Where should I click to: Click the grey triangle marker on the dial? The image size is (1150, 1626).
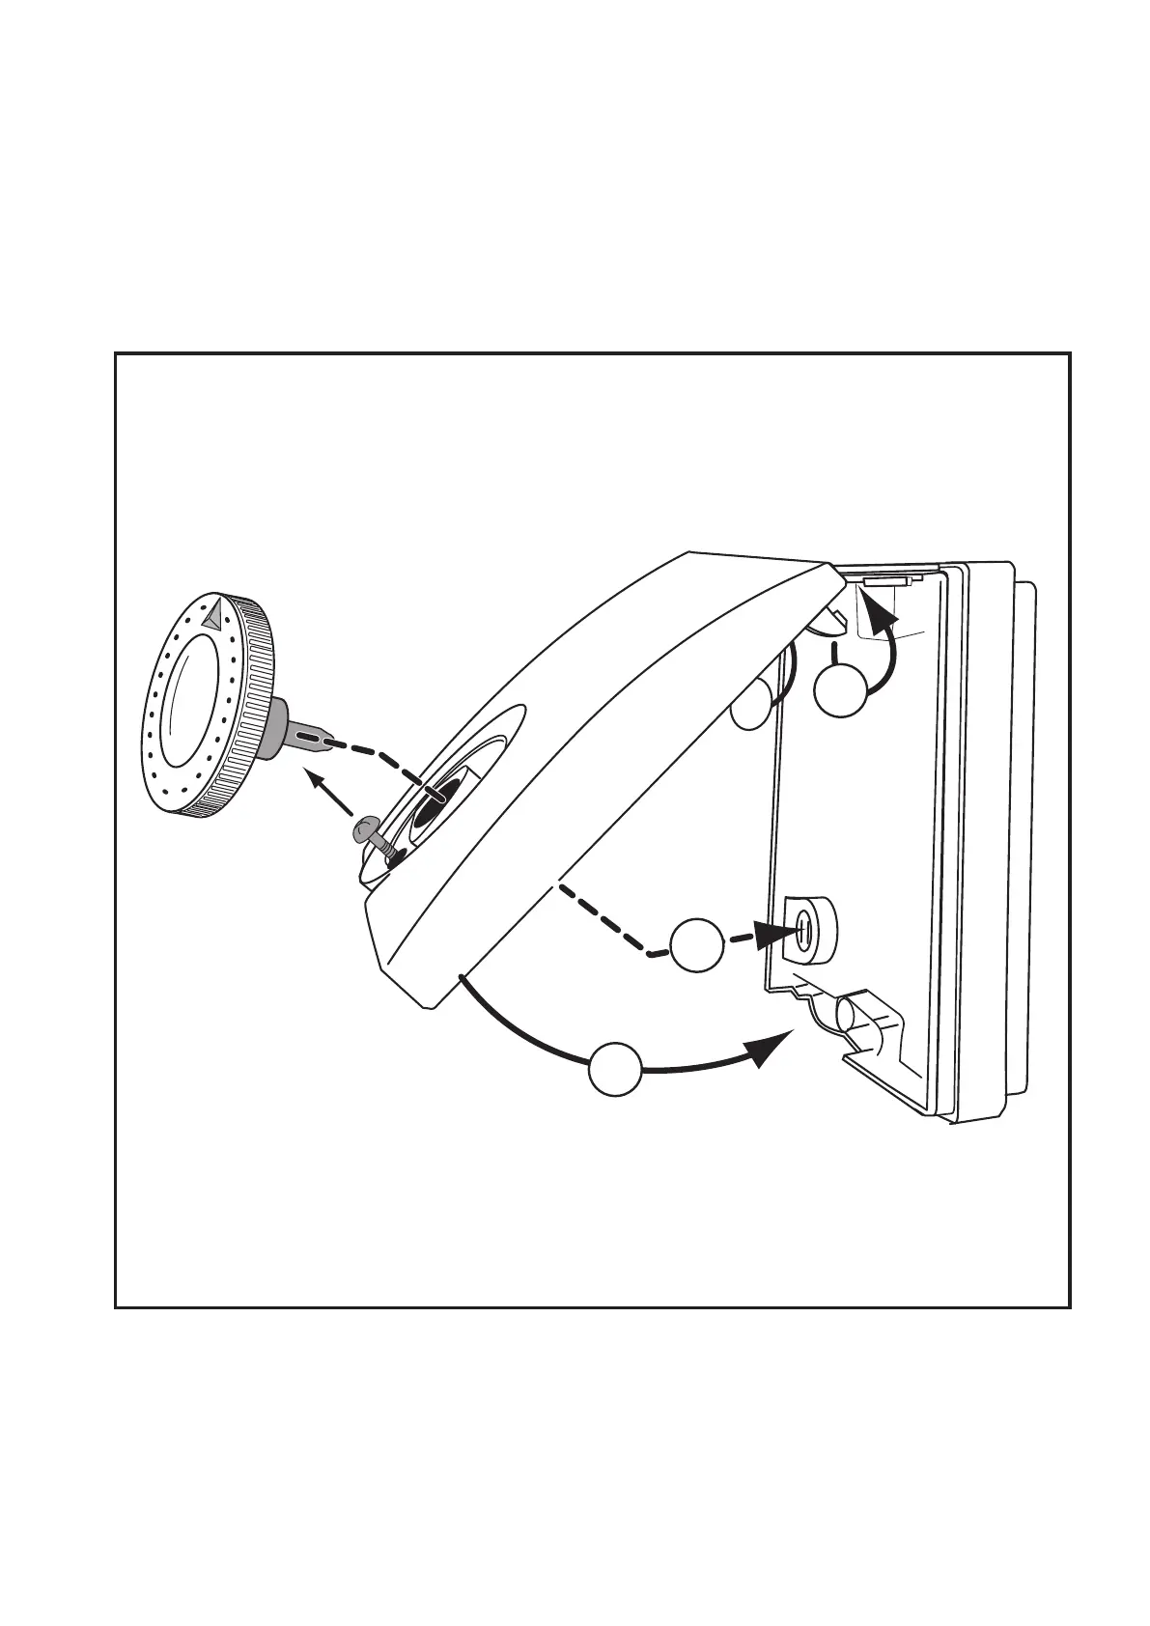(215, 611)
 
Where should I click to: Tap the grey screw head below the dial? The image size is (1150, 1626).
(368, 827)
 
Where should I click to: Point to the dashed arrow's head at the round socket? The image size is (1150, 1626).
(778, 934)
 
